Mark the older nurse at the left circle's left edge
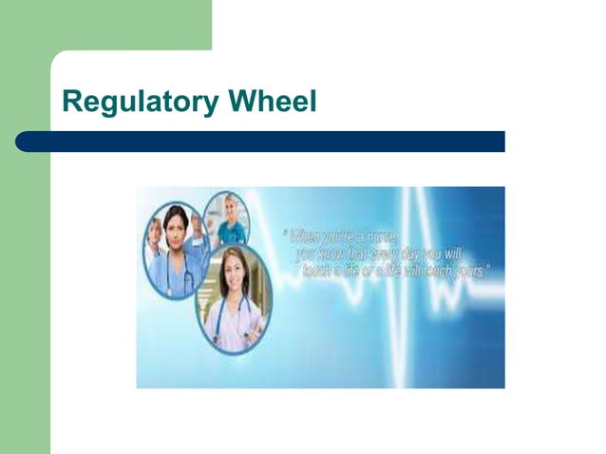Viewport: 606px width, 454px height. click(x=155, y=233)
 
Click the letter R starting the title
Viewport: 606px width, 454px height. click(x=70, y=102)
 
